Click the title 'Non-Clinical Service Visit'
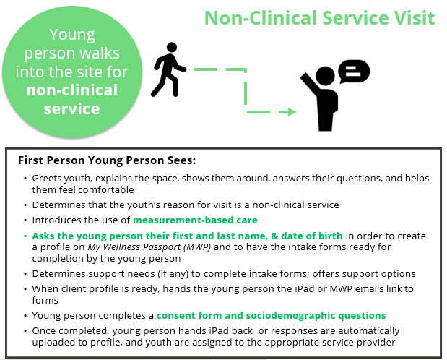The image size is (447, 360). pyautogui.click(x=320, y=18)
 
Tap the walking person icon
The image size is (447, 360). pyautogui.click(x=168, y=69)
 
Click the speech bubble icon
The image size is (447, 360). pyautogui.click(x=354, y=72)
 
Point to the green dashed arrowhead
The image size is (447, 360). pyautogui.click(x=292, y=112)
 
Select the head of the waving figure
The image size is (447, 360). pyautogui.click(x=325, y=76)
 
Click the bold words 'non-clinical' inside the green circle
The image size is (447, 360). pyautogui.click(x=71, y=90)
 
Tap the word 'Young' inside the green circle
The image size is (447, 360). pyautogui.click(x=72, y=35)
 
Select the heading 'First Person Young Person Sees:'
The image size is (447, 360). pyautogui.click(x=107, y=160)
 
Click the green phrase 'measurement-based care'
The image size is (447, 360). pyautogui.click(x=195, y=220)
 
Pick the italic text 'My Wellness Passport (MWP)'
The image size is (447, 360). pyautogui.click(x=149, y=247)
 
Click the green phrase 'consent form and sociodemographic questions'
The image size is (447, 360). pyautogui.click(x=271, y=315)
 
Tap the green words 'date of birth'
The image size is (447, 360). pyautogui.click(x=311, y=236)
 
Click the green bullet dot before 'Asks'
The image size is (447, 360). pyautogui.click(x=25, y=236)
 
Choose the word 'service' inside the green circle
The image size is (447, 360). pyautogui.click(x=71, y=108)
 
